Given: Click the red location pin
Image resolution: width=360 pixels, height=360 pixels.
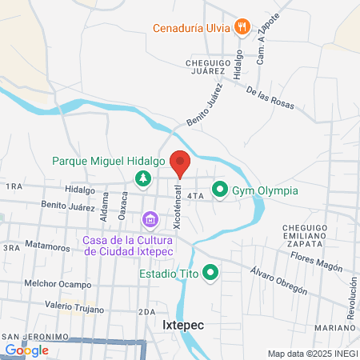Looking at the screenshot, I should coord(180,162).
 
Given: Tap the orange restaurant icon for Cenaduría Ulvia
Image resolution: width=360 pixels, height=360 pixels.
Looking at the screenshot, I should coord(243,26).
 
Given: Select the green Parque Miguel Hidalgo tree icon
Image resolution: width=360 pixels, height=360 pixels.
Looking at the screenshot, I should coord(142,178).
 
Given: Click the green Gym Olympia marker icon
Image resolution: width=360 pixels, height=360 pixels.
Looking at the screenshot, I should coord(219,190).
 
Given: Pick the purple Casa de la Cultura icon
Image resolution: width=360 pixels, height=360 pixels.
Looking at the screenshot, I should coord(150,218).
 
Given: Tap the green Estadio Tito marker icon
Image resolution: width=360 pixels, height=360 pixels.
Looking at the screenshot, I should coord(210,274).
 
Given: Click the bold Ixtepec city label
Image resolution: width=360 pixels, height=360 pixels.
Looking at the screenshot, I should coord(185,326).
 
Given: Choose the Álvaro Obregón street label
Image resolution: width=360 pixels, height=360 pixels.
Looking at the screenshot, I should coord(278,280).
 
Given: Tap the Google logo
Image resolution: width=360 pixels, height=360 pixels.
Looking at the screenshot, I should coord(26,350).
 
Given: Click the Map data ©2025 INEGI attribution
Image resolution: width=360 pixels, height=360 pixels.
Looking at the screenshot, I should coord(311,354).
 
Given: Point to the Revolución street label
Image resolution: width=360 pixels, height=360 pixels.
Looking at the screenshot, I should coord(350,305).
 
